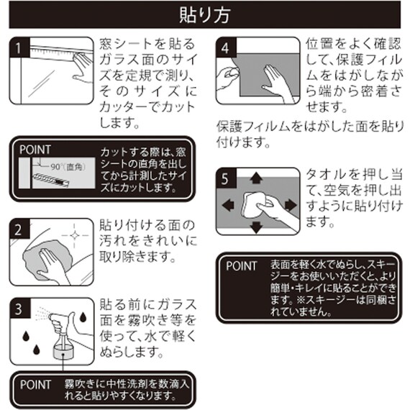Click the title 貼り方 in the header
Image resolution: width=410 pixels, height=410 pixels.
click(x=205, y=14)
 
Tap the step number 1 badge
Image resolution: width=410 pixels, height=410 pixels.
click(x=22, y=47)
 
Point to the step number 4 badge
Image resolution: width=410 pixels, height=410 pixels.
click(x=226, y=47)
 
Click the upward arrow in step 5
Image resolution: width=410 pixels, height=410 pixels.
click(x=256, y=177)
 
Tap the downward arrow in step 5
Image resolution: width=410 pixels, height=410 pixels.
click(x=256, y=227)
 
